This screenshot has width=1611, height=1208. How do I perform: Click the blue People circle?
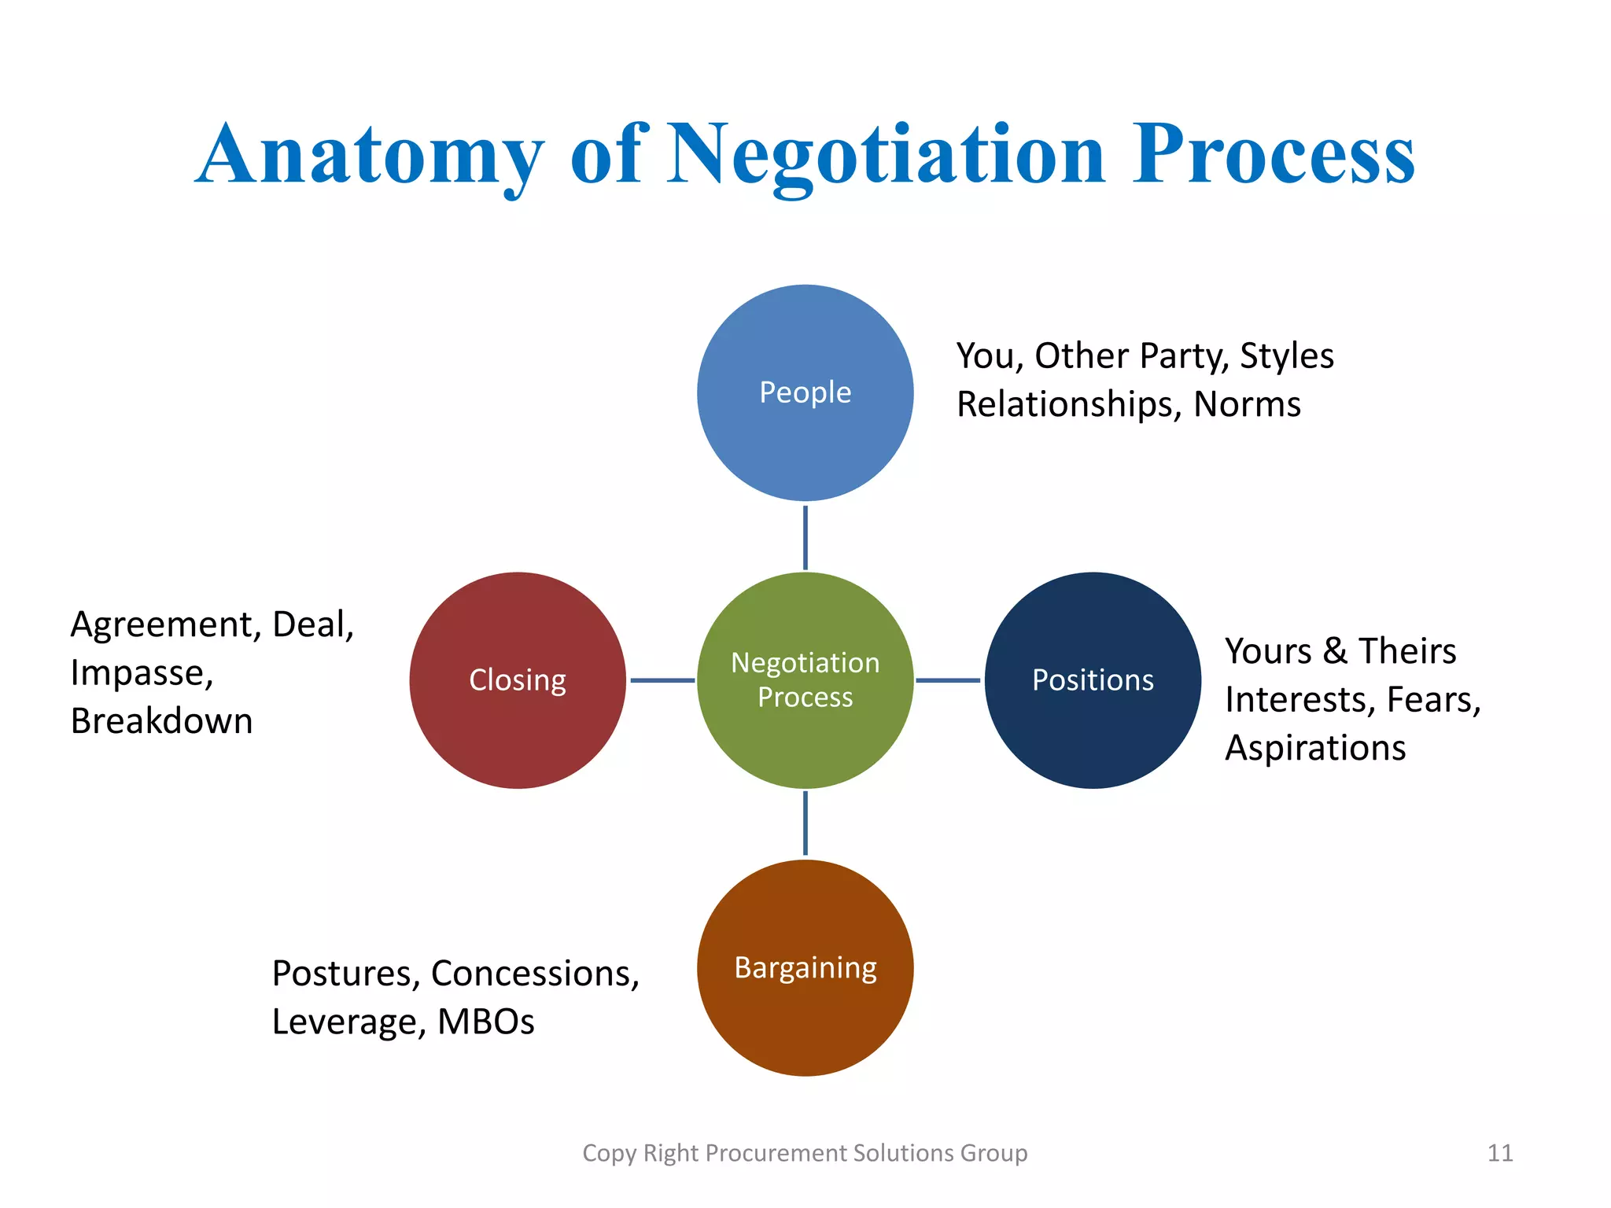[805, 392]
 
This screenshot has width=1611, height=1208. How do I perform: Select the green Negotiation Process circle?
[805, 680]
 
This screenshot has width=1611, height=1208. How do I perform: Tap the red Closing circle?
[518, 680]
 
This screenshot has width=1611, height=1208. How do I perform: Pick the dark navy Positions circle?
[1093, 680]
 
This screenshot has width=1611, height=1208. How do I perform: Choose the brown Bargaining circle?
[805, 967]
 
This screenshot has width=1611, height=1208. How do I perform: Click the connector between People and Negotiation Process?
[805, 538]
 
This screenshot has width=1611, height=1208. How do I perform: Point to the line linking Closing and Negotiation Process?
[662, 680]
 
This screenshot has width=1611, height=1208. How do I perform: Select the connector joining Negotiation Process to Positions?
[948, 680]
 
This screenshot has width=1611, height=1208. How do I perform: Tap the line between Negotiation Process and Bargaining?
[805, 823]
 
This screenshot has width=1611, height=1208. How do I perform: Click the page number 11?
[1499, 1153]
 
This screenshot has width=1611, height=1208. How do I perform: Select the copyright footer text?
[805, 1153]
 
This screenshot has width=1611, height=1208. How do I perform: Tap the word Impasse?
[142, 673]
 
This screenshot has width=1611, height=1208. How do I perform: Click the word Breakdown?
[161, 721]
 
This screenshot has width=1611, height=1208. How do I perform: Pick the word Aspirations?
[1315, 748]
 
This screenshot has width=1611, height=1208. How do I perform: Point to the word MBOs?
[485, 1022]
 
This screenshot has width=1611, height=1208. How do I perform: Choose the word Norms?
[1247, 404]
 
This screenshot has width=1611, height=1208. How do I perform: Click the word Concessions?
[535, 974]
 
